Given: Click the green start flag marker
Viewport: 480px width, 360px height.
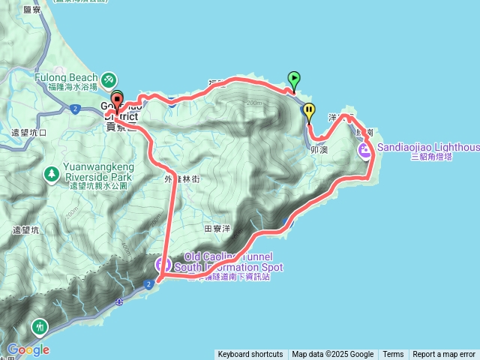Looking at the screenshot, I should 294,78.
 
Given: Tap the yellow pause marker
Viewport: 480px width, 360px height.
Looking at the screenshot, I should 309,110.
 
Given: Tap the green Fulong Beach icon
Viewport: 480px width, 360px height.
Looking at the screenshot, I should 109,78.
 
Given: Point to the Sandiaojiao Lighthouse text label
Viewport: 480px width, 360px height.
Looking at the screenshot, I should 428,148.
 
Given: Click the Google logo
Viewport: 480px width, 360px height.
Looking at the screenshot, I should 28,349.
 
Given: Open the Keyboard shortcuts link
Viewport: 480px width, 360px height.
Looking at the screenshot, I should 250,355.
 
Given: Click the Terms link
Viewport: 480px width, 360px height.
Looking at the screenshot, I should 393,355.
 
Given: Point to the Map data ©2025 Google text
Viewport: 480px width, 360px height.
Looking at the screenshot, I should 333,355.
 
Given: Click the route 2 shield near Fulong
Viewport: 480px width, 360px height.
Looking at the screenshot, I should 76,109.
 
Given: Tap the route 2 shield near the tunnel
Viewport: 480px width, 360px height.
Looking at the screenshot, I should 148,283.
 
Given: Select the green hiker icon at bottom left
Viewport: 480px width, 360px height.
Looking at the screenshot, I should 39,327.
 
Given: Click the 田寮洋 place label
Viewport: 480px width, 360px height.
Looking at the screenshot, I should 216,227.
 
